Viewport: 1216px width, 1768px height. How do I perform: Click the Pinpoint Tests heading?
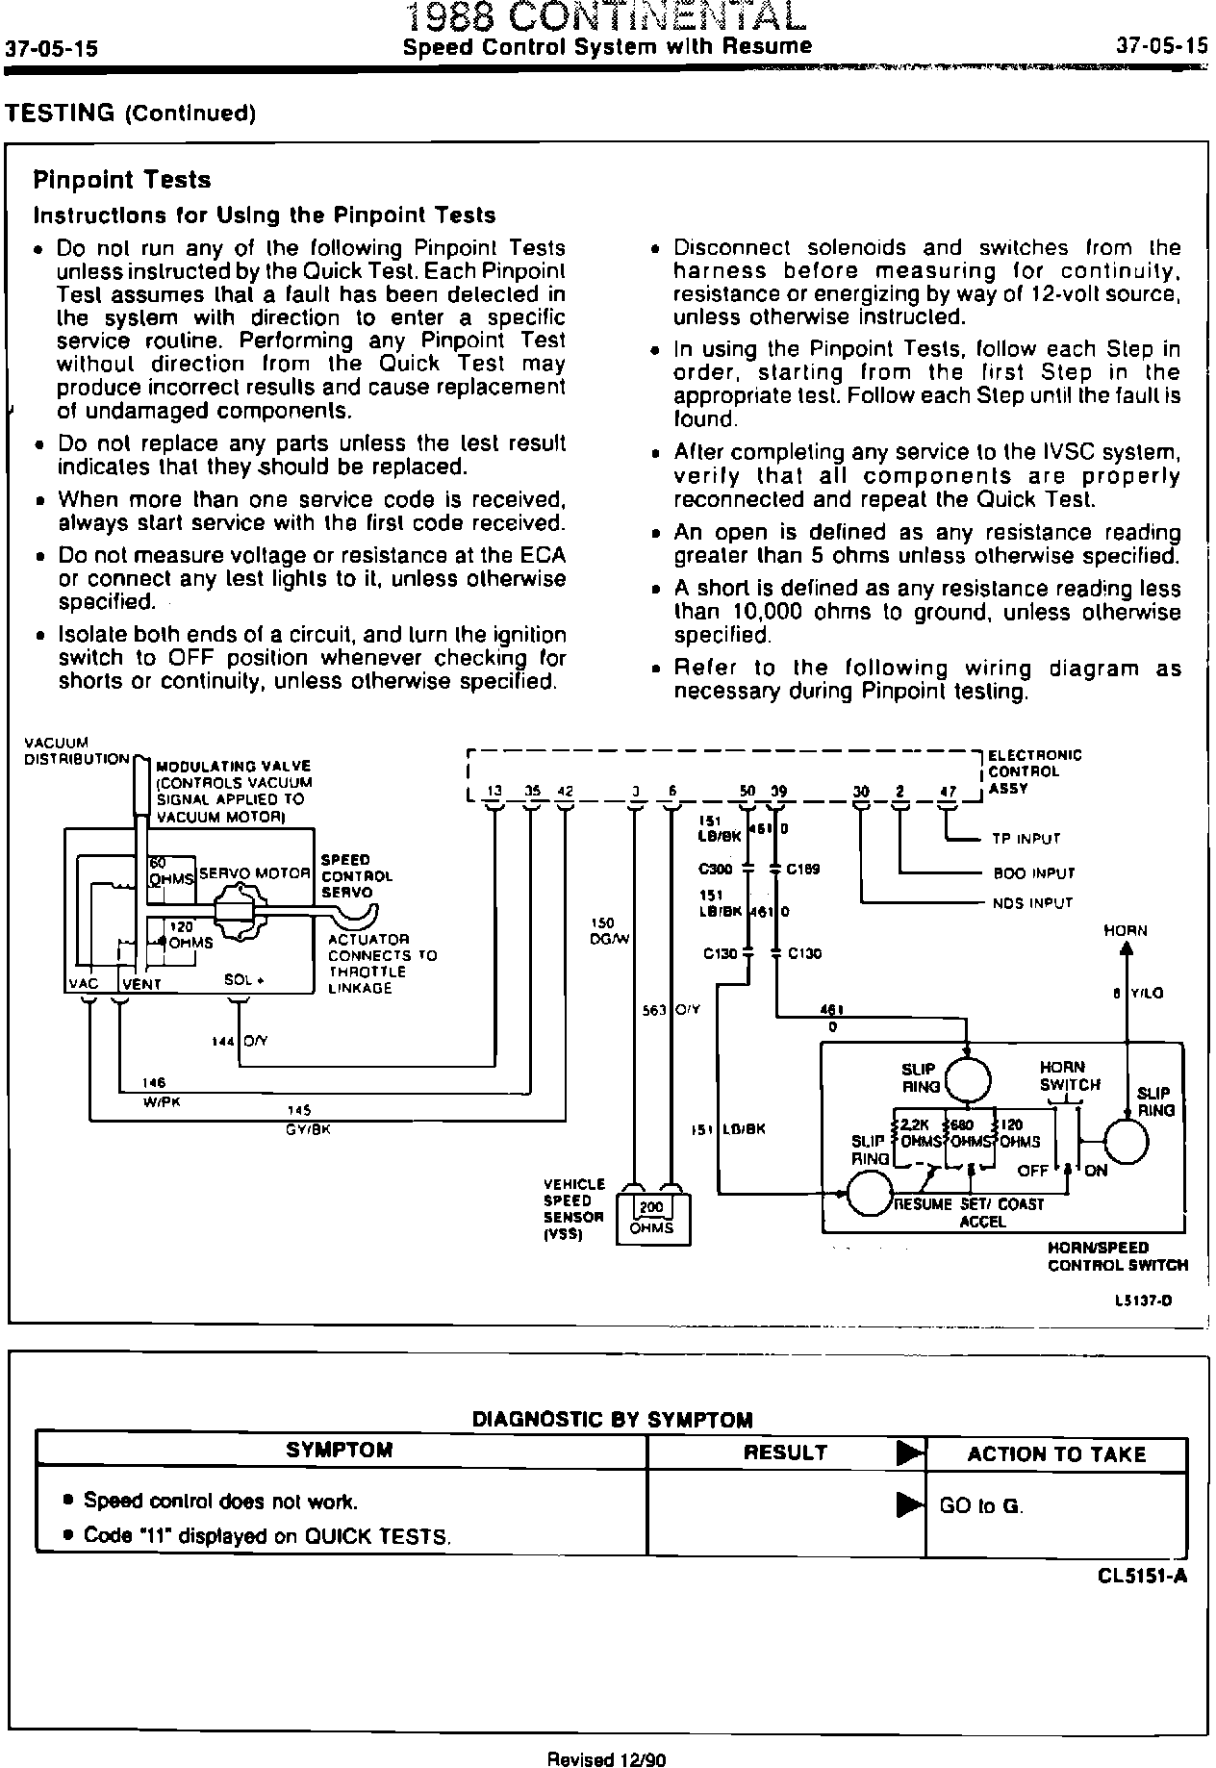click(x=121, y=180)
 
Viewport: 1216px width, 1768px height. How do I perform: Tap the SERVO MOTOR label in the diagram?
click(x=255, y=873)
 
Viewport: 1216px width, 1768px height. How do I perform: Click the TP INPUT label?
click(x=1026, y=839)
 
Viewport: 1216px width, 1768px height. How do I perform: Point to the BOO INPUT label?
click(x=1033, y=873)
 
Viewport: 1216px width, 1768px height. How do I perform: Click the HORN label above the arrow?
click(x=1126, y=930)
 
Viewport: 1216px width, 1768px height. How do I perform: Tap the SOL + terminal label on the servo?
click(x=244, y=980)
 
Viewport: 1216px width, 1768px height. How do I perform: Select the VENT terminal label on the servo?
click(x=141, y=984)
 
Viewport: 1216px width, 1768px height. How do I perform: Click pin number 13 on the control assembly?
click(x=494, y=792)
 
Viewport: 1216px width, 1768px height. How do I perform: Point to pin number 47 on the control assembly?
click(x=949, y=792)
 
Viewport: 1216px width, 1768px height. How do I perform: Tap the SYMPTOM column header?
click(x=340, y=1451)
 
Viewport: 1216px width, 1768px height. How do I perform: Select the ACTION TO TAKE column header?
click(x=1056, y=1454)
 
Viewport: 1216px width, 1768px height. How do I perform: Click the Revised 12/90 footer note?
click(x=606, y=1759)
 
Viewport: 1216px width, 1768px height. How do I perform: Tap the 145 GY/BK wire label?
click(x=307, y=1120)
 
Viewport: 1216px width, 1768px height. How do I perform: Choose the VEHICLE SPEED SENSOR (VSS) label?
click(x=574, y=1209)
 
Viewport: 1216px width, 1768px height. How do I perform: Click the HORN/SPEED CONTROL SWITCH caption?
click(x=1118, y=1256)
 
